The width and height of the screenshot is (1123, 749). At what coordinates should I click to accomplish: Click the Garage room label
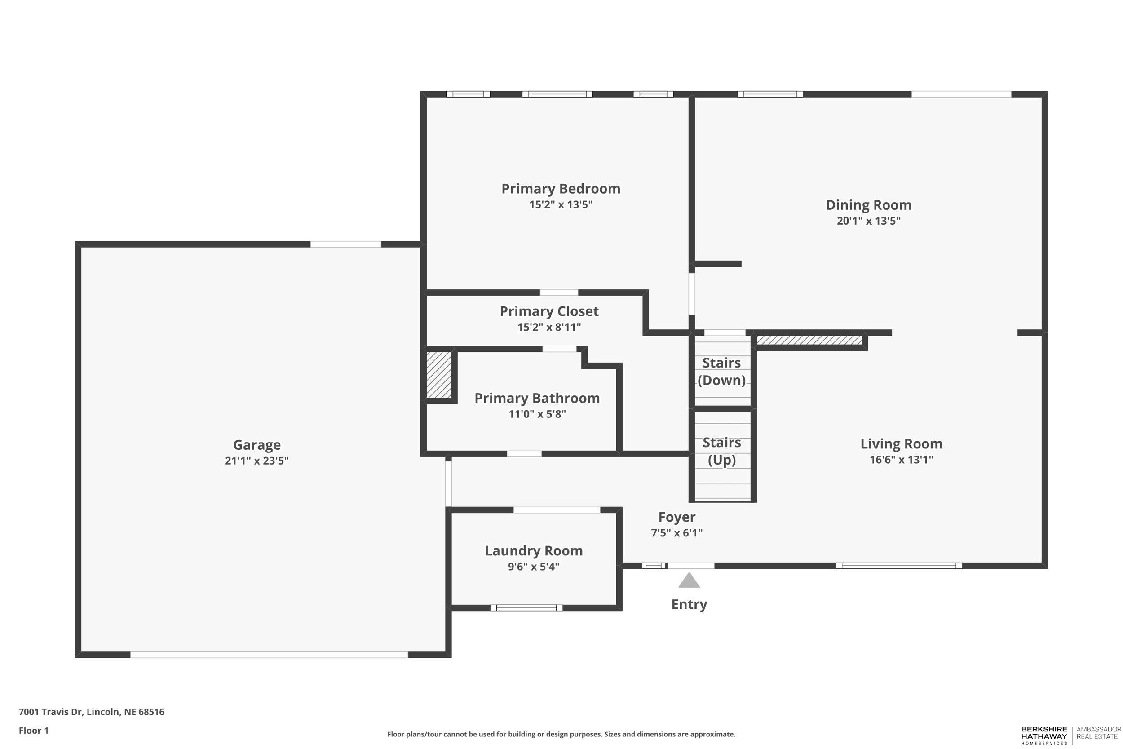[256, 445]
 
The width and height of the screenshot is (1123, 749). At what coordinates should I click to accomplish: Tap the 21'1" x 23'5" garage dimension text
[256, 461]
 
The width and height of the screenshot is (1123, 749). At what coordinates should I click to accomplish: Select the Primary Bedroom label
[561, 189]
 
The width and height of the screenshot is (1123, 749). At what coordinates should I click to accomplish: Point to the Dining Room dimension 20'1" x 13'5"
[868, 221]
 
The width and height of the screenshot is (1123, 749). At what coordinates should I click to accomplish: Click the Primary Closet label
[548, 311]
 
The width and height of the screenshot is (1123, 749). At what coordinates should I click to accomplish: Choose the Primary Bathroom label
[537, 399]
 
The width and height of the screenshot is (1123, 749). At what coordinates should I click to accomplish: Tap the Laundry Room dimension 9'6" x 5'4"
[533, 567]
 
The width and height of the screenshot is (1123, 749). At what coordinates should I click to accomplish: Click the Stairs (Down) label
[721, 372]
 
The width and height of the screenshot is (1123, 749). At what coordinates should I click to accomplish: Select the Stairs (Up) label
[721, 451]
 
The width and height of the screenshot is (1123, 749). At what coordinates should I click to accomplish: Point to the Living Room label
[901, 444]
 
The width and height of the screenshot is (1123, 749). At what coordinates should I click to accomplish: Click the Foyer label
[676, 517]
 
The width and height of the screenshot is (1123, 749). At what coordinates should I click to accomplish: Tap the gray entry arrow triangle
[689, 581]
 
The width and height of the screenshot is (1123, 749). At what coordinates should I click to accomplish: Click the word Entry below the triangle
[689, 604]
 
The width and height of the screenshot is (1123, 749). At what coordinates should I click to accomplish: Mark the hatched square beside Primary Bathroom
[438, 375]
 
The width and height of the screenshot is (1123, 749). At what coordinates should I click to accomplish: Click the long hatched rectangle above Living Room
[809, 340]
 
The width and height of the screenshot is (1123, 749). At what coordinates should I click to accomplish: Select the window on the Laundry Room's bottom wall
[526, 607]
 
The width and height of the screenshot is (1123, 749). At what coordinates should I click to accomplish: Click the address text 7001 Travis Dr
[91, 712]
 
